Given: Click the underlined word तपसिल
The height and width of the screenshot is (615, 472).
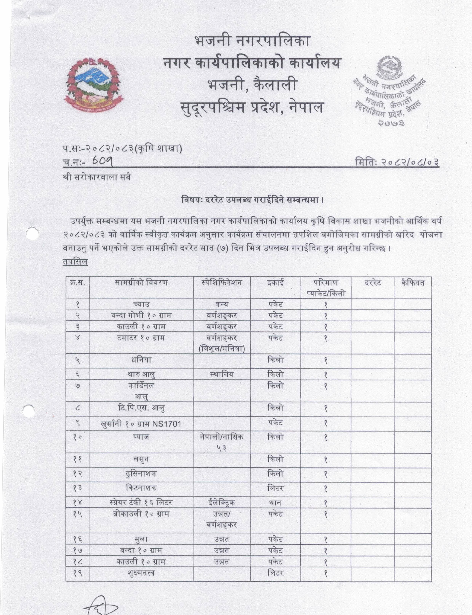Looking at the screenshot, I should coord(75,262).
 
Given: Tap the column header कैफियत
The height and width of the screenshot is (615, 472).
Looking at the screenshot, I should coord(413,282).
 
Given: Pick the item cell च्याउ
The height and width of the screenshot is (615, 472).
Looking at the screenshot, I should coord(141,304).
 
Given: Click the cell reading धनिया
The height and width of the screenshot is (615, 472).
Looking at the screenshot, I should coord(141,360).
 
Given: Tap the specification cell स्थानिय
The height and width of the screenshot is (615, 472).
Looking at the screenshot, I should coord(222,374).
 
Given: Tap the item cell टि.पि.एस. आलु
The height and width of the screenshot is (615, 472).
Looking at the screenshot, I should coord(141,408).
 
